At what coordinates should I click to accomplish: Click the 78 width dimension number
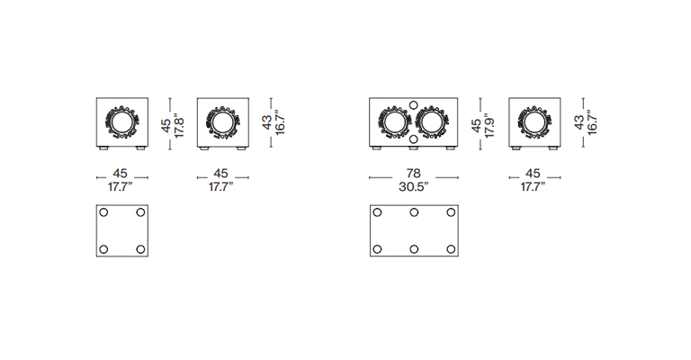tap(413, 173)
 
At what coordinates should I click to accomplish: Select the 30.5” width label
tap(413, 187)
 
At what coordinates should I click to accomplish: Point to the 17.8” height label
tap(178, 126)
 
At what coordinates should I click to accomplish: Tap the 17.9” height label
tap(489, 126)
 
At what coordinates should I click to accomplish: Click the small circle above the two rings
tap(413, 105)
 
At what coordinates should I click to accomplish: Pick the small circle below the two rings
tap(413, 139)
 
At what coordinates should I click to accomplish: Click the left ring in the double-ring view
tap(395, 122)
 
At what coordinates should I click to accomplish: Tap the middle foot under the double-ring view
tap(413, 148)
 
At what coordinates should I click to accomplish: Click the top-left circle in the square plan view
tap(103, 212)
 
